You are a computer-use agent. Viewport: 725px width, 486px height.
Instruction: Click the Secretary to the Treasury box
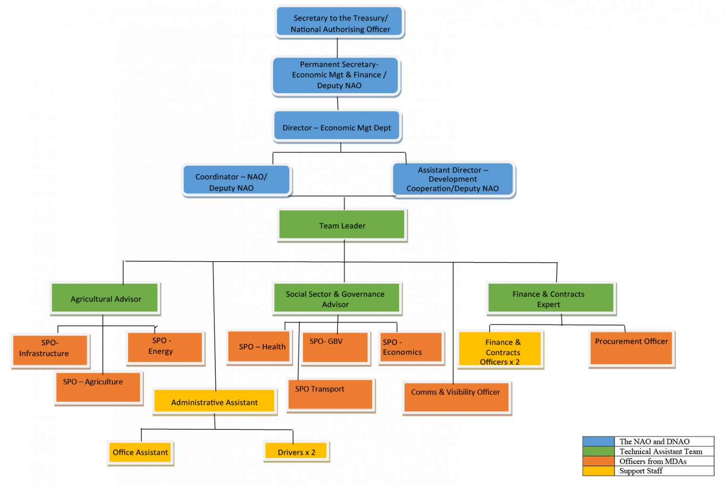tap(340, 22)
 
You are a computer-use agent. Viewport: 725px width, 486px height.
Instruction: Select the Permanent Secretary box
tap(336, 76)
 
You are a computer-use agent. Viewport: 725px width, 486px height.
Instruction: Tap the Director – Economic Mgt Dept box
tap(337, 127)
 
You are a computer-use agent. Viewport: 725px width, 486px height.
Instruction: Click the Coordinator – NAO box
tap(236, 180)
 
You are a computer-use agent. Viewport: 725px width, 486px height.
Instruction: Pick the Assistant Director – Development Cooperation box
tap(453, 179)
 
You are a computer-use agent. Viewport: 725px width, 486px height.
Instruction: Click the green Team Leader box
tap(342, 225)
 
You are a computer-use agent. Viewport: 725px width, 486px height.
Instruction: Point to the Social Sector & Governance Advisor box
tap(336, 298)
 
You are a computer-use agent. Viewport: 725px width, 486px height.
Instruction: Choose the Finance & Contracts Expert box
tap(550, 298)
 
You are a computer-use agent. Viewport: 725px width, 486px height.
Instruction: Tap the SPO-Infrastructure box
tap(50, 350)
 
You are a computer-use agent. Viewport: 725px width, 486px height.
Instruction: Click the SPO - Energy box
tap(165, 347)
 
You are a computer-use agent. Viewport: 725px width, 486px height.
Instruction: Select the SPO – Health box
tap(259, 346)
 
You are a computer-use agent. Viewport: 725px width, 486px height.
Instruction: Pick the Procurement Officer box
tap(631, 348)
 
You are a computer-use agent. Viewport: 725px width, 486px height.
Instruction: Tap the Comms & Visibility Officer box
tap(456, 397)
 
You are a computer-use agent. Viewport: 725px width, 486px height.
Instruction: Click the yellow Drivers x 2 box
tap(296, 452)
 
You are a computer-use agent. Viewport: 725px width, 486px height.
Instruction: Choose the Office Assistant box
tap(140, 452)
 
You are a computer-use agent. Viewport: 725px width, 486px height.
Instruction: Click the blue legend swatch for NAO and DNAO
tap(599, 442)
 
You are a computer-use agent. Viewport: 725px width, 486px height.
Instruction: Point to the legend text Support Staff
tap(641, 471)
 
